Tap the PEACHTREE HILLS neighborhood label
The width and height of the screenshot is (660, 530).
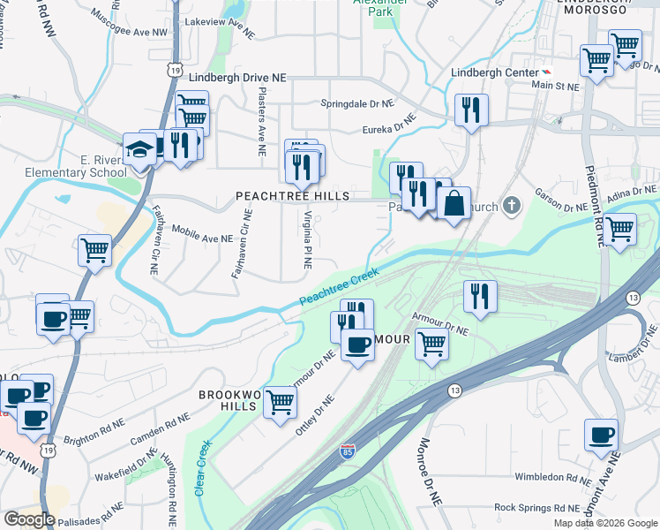[x=292, y=195]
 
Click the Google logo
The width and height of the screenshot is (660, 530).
[x=29, y=519]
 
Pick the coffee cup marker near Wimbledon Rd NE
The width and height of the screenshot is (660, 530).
[x=602, y=435]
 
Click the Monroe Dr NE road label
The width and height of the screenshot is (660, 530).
[x=430, y=472]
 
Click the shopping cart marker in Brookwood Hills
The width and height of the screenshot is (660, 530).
[x=280, y=403]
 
